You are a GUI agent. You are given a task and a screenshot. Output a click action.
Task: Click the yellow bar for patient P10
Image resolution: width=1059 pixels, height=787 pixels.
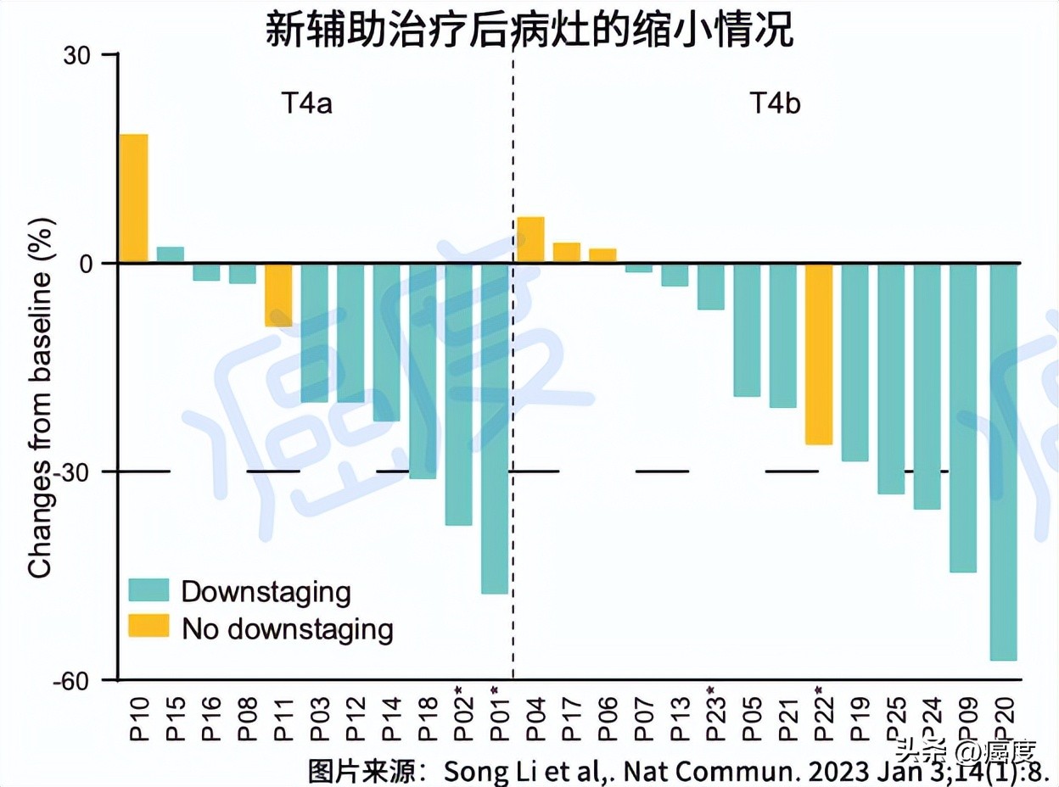click(133, 198)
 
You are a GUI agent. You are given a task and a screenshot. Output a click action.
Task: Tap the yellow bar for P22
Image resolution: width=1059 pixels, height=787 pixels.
click(819, 354)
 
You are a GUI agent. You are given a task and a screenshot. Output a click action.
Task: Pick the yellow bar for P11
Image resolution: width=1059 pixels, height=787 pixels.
click(277, 294)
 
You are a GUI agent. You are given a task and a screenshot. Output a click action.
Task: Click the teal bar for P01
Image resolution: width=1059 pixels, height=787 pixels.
click(494, 428)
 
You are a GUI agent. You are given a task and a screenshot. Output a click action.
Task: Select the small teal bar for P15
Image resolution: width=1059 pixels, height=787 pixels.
click(170, 254)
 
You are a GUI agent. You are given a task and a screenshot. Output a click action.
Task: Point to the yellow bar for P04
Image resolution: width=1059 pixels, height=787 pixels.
click(530, 240)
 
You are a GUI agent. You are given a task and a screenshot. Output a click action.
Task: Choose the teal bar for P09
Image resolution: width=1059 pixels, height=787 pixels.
click(962, 417)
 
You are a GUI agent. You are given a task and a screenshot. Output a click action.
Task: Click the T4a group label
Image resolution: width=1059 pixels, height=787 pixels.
click(306, 103)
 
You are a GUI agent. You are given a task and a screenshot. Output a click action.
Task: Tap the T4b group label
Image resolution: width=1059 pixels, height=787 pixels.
click(774, 103)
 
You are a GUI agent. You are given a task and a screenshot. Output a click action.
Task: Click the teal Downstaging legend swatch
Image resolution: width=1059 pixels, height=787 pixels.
click(148, 590)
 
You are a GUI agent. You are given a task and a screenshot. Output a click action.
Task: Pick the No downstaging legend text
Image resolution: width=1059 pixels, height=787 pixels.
click(288, 628)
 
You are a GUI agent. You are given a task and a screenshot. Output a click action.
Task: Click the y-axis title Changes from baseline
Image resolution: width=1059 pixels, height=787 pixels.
click(42, 399)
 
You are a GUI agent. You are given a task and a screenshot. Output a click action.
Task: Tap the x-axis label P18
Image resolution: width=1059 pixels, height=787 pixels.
click(422, 717)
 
